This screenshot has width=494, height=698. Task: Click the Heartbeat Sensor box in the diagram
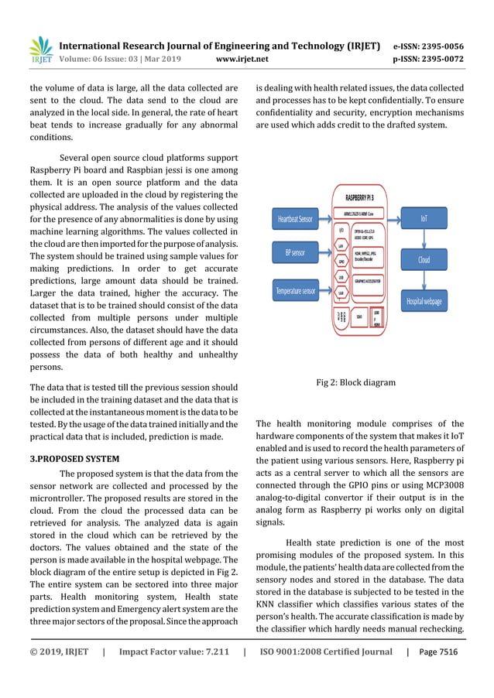pos(295,219)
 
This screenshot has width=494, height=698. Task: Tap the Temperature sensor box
pos(295,291)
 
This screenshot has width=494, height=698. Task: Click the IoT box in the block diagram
pos(424,218)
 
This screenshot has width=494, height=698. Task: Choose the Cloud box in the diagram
pos(424,260)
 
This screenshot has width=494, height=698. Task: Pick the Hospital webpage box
pos(424,300)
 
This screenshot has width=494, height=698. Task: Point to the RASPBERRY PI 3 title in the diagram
pos(367,198)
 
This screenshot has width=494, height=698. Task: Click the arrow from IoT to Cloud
pos(424,239)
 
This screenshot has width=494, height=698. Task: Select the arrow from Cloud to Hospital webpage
pos(424,280)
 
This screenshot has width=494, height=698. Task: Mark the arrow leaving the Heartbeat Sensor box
pos(324,220)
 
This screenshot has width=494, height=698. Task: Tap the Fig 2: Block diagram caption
pos(356,382)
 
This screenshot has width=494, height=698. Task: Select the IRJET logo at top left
pos(40,50)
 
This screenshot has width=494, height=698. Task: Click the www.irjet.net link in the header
pos(242,59)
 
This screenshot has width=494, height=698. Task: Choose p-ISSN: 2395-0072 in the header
pos(428,59)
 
